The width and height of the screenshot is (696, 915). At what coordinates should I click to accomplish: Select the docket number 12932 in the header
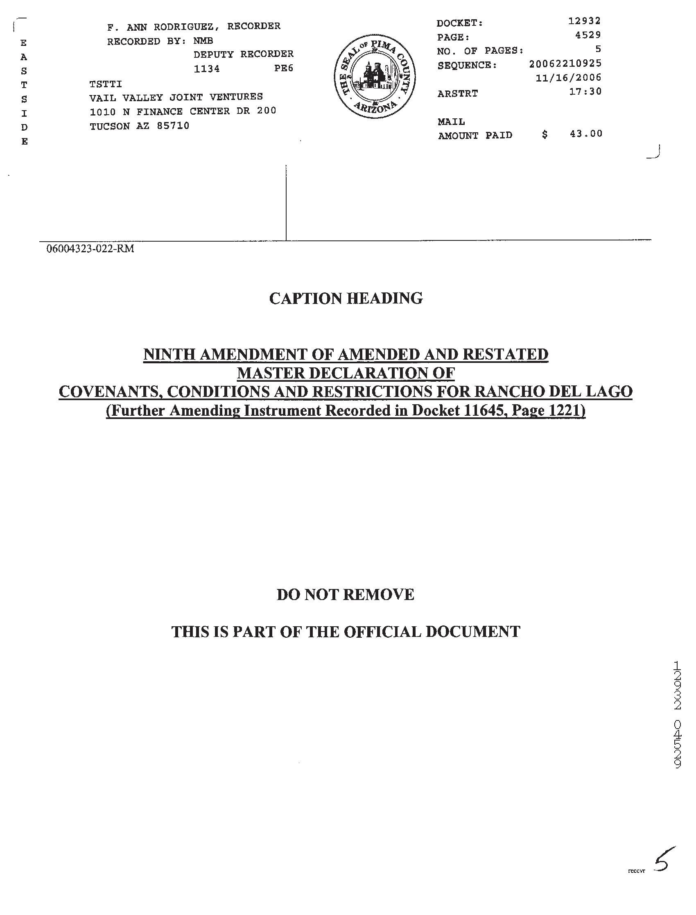tap(584, 21)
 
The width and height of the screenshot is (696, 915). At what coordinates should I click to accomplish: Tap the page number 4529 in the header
tap(588, 35)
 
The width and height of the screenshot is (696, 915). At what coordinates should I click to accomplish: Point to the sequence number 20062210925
tap(565, 63)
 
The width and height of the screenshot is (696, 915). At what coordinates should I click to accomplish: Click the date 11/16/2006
tap(568, 77)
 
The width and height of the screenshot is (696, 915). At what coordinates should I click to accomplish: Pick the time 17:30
tap(585, 91)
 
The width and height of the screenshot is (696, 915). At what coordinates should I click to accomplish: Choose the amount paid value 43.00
tap(586, 134)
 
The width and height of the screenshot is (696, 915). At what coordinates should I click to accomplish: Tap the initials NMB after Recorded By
tap(203, 41)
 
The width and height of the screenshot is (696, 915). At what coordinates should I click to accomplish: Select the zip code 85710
tap(173, 126)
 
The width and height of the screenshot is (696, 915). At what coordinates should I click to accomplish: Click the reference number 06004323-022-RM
tap(90, 249)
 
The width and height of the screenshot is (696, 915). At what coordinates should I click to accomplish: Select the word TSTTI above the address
tap(106, 84)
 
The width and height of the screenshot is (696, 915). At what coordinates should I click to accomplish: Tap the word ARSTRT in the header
tap(457, 94)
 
